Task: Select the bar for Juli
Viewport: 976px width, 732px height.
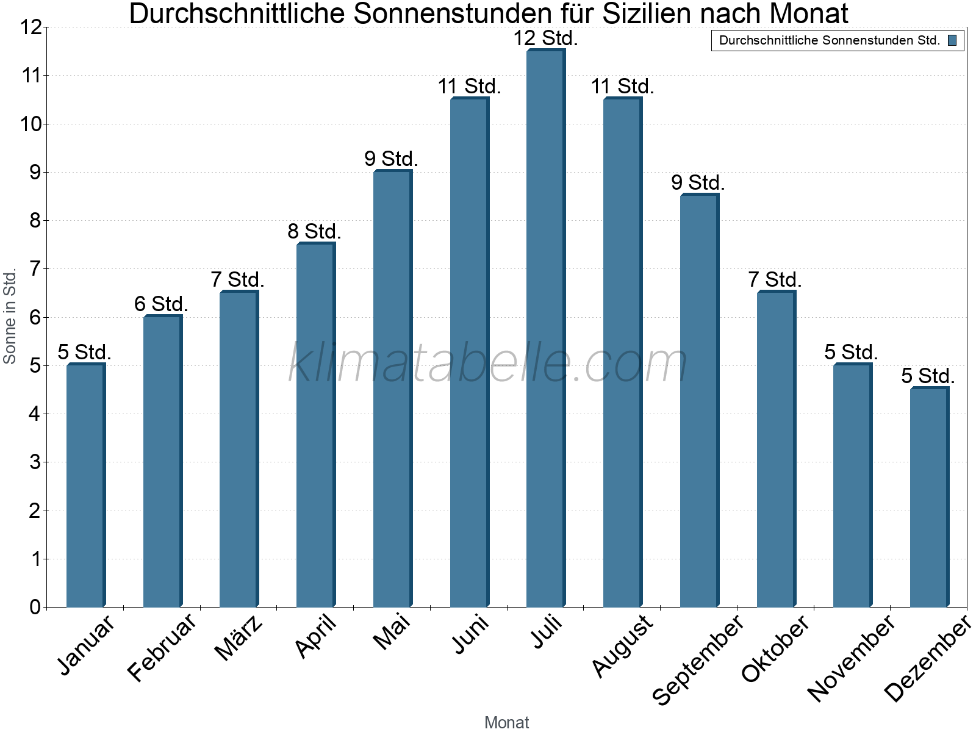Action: point(545,329)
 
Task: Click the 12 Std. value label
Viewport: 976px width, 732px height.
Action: point(545,38)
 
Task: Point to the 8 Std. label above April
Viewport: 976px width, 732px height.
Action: point(314,232)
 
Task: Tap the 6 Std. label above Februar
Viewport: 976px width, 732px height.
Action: point(161,304)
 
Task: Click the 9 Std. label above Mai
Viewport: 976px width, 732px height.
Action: point(391,159)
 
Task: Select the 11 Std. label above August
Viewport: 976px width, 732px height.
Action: point(622,87)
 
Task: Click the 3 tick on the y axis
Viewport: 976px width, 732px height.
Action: point(34,462)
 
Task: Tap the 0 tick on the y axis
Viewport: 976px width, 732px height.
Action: point(34,607)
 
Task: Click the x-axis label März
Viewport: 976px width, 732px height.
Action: point(239,638)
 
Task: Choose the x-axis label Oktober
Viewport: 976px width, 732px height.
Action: point(775,648)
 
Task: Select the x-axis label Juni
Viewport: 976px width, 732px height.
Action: point(470,634)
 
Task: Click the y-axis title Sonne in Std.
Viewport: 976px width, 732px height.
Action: point(10,317)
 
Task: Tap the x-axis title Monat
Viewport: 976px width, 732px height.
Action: point(506,722)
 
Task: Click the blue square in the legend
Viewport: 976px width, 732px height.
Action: point(952,41)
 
